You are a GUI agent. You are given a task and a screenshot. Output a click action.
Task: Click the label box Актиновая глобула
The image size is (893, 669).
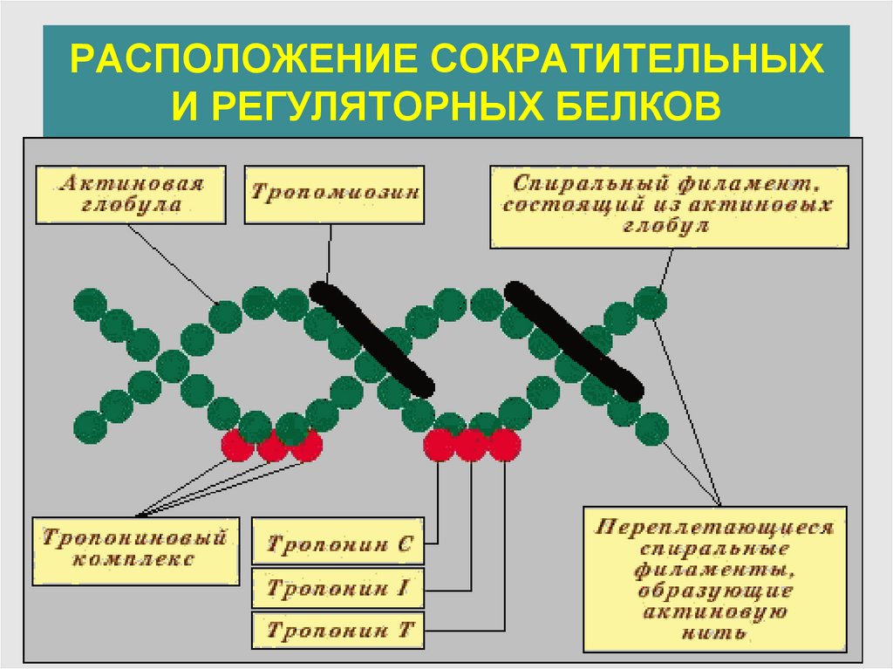coord(131,195)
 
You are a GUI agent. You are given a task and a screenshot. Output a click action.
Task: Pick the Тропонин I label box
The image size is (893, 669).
coord(338,588)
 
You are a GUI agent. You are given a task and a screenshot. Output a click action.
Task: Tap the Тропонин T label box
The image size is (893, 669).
coord(338,630)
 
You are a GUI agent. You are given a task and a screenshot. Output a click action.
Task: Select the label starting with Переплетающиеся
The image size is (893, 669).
coord(715,578)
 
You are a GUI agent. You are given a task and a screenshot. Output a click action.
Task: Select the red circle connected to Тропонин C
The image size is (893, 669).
coord(439,446)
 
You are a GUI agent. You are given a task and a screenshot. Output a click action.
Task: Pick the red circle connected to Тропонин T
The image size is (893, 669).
coord(504,446)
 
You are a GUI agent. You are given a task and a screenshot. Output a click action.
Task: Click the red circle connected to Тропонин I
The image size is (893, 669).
coord(471,446)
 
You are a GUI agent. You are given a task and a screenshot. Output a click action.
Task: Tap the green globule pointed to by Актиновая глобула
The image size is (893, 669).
coord(225,314)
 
